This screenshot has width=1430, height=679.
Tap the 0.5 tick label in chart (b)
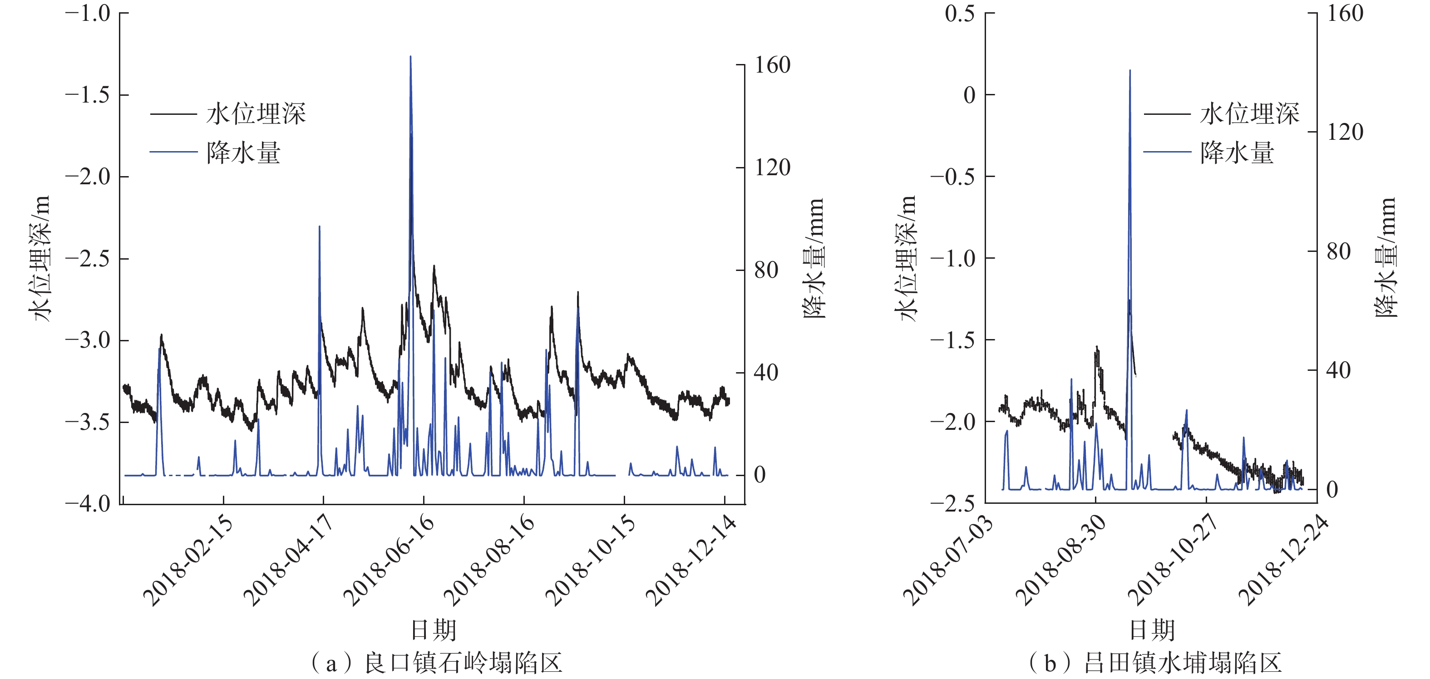tap(960, 13)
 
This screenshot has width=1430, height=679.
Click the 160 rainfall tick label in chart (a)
tap(772, 65)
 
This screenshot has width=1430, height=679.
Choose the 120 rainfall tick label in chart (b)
tap(1345, 132)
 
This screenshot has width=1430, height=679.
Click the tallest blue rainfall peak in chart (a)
tap(411, 57)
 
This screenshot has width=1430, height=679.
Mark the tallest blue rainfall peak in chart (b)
tap(1129, 70)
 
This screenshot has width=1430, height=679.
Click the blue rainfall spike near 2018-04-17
tap(319, 226)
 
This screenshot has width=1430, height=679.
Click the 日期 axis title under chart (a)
tap(433, 630)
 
